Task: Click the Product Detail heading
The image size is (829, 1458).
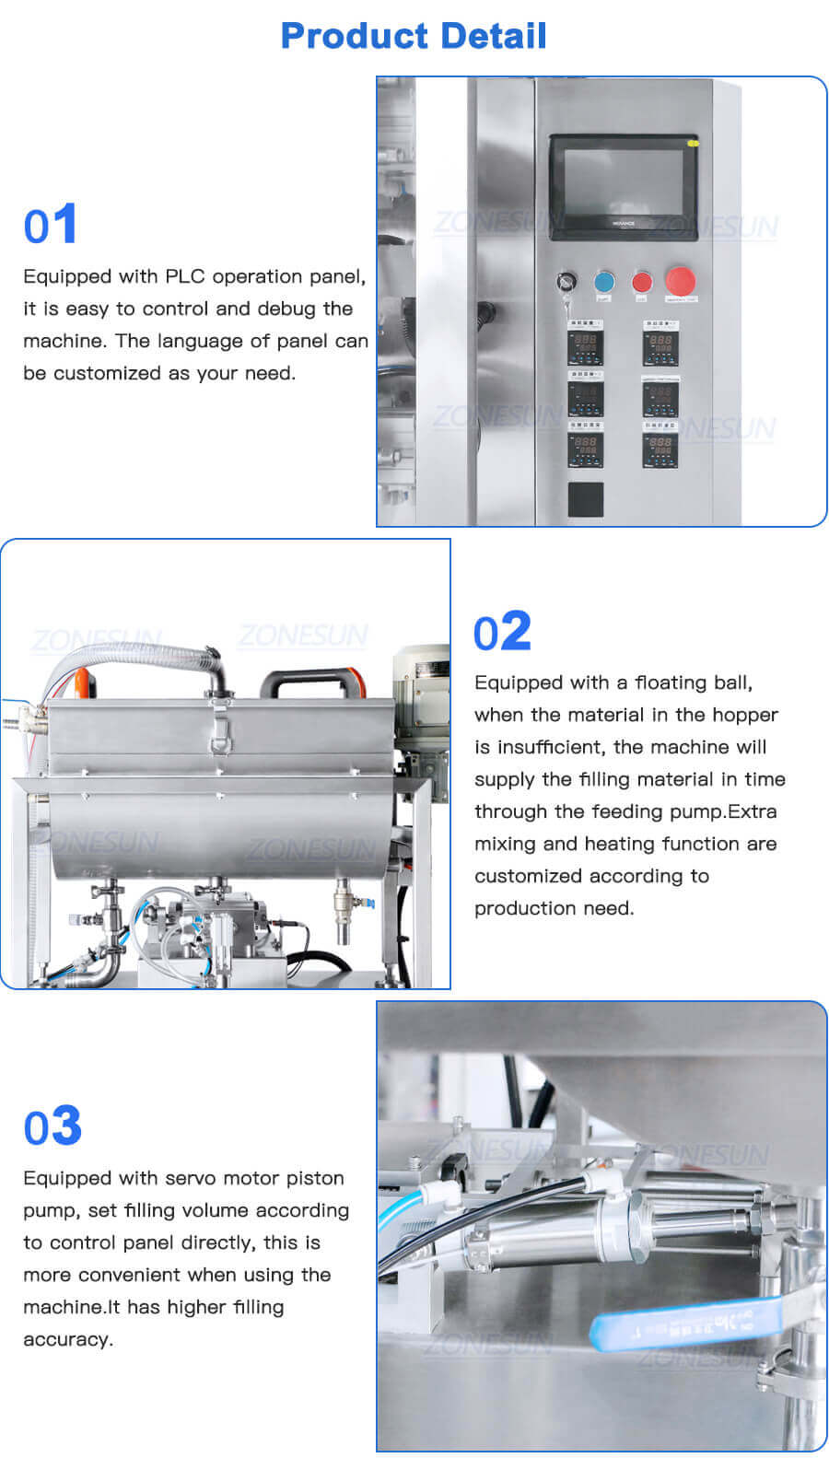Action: click(x=414, y=36)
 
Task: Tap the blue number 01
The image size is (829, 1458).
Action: click(x=50, y=226)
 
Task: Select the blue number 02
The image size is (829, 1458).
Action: click(x=502, y=633)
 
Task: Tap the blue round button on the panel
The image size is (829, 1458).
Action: click(x=604, y=282)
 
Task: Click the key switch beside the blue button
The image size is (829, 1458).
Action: click(x=566, y=282)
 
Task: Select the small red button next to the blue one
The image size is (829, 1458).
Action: click(x=641, y=282)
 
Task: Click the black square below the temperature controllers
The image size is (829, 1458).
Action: click(x=585, y=499)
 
